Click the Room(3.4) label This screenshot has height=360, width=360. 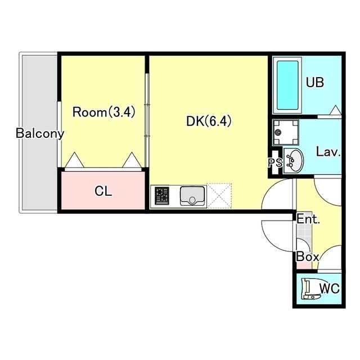point(103,112)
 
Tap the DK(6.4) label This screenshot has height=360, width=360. point(209,121)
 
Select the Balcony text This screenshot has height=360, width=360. point(40,133)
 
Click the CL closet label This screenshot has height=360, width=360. point(103,191)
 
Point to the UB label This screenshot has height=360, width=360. point(315,82)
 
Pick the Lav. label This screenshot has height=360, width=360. point(328,152)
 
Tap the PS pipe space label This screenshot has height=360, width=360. point(275,163)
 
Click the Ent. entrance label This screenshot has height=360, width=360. point(308,219)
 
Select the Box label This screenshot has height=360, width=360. point(308,256)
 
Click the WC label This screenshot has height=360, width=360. point(330,289)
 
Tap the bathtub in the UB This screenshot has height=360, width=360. point(287,85)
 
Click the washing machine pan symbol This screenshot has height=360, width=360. point(286,133)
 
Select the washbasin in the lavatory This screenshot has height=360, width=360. point(293,160)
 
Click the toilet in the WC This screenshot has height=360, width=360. point(311,289)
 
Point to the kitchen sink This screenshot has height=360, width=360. point(192,196)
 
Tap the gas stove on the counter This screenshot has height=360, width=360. point(162,196)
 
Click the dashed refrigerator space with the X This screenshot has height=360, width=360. point(219,196)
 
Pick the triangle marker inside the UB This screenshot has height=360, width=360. point(335,110)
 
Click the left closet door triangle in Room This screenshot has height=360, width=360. point(74,160)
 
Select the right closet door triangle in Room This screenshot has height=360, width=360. point(132,160)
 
